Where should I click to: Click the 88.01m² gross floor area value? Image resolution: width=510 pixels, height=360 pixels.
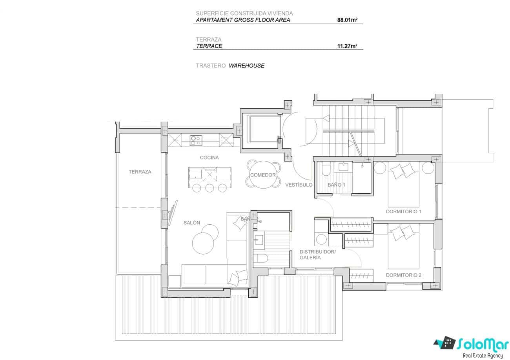click(347, 20)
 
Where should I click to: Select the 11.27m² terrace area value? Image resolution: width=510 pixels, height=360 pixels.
click(347, 46)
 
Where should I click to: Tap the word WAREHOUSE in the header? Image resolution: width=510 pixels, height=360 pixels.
click(246, 65)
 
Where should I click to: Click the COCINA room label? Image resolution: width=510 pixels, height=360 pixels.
click(209, 158)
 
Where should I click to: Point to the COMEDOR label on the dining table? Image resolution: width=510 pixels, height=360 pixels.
click(263, 175)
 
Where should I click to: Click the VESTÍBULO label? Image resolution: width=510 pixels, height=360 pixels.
click(299, 185)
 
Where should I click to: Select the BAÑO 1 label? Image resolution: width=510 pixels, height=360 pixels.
click(336, 185)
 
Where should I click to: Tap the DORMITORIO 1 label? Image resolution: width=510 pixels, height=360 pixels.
click(403, 211)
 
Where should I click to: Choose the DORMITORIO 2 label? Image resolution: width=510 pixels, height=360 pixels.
click(403, 275)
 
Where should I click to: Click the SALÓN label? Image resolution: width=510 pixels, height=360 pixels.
click(192, 223)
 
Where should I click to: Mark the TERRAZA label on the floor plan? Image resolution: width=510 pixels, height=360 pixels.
click(140, 172)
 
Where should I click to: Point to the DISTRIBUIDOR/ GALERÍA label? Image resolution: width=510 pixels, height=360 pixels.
click(317, 255)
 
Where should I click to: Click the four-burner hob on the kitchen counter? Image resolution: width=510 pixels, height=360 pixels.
click(196, 140)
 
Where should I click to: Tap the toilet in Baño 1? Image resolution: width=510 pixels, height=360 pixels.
click(326, 170)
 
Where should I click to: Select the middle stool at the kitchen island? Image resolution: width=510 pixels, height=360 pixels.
click(209, 188)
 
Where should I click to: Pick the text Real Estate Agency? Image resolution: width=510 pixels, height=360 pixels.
click(483, 355)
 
